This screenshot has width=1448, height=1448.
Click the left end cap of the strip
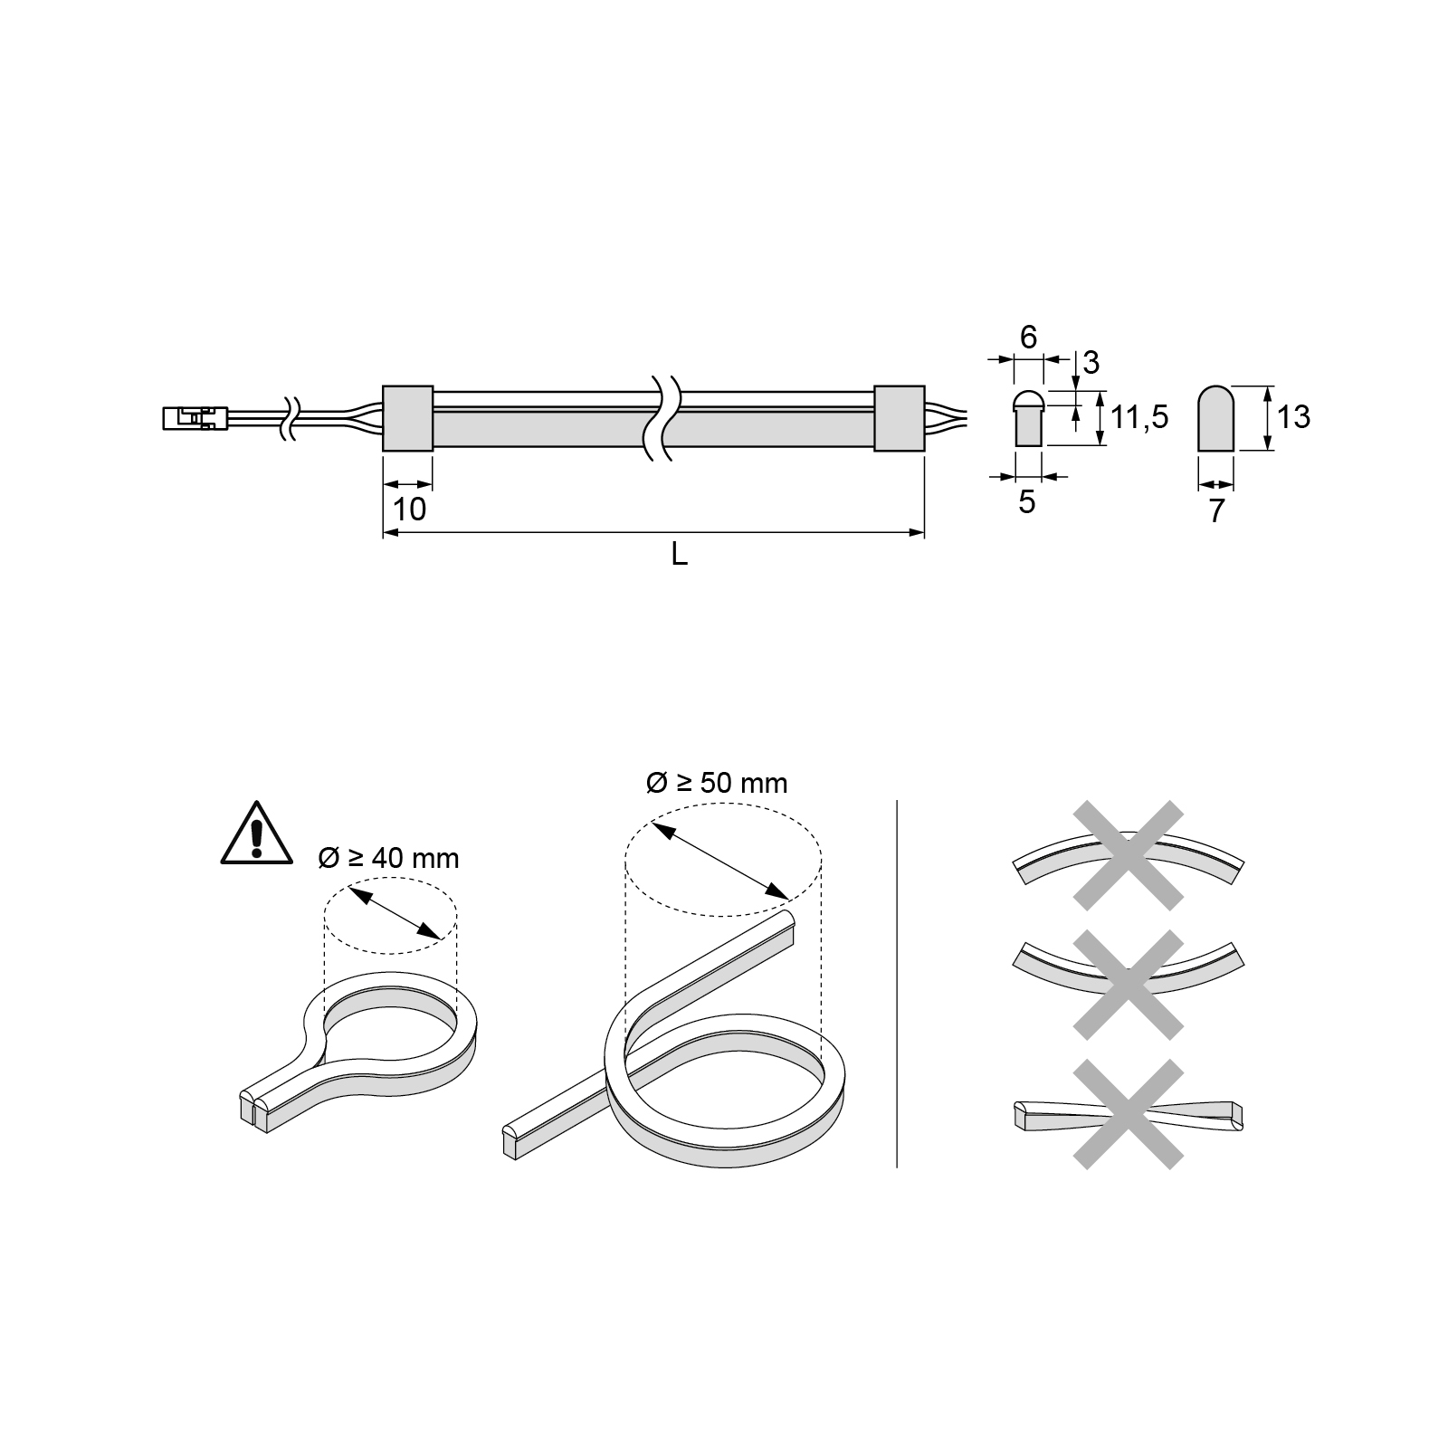coord(407,418)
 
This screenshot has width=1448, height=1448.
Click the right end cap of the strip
coord(899,418)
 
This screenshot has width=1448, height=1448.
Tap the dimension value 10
coord(409,510)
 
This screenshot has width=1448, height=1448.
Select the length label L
coord(679,555)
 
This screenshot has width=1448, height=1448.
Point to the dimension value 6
coord(1028,338)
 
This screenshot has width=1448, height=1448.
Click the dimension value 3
coord(1091,363)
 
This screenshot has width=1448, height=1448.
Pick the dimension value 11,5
coord(1140,417)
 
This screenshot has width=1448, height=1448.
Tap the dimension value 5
coord(1026,502)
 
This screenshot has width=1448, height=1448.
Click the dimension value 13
coord(1294,417)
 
